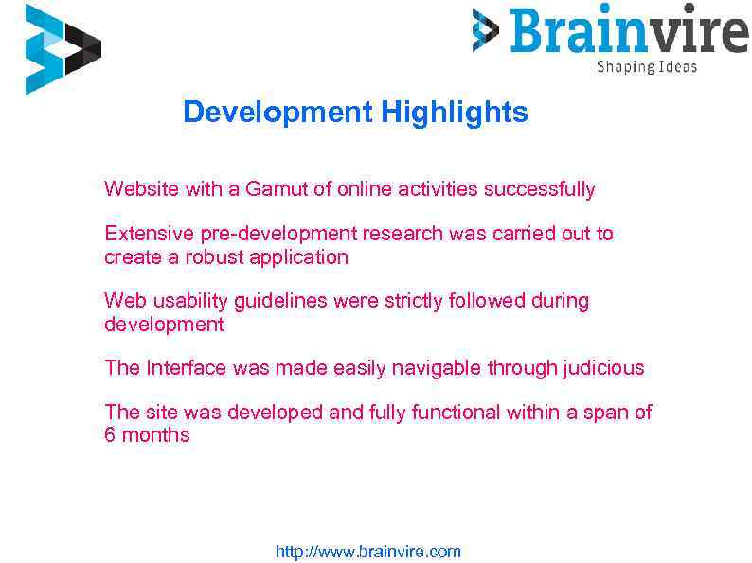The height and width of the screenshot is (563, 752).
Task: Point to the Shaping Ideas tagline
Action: [x=647, y=67]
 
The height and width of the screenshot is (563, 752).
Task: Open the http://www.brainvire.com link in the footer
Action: [x=367, y=552]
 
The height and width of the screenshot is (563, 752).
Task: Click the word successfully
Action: [x=539, y=189]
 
